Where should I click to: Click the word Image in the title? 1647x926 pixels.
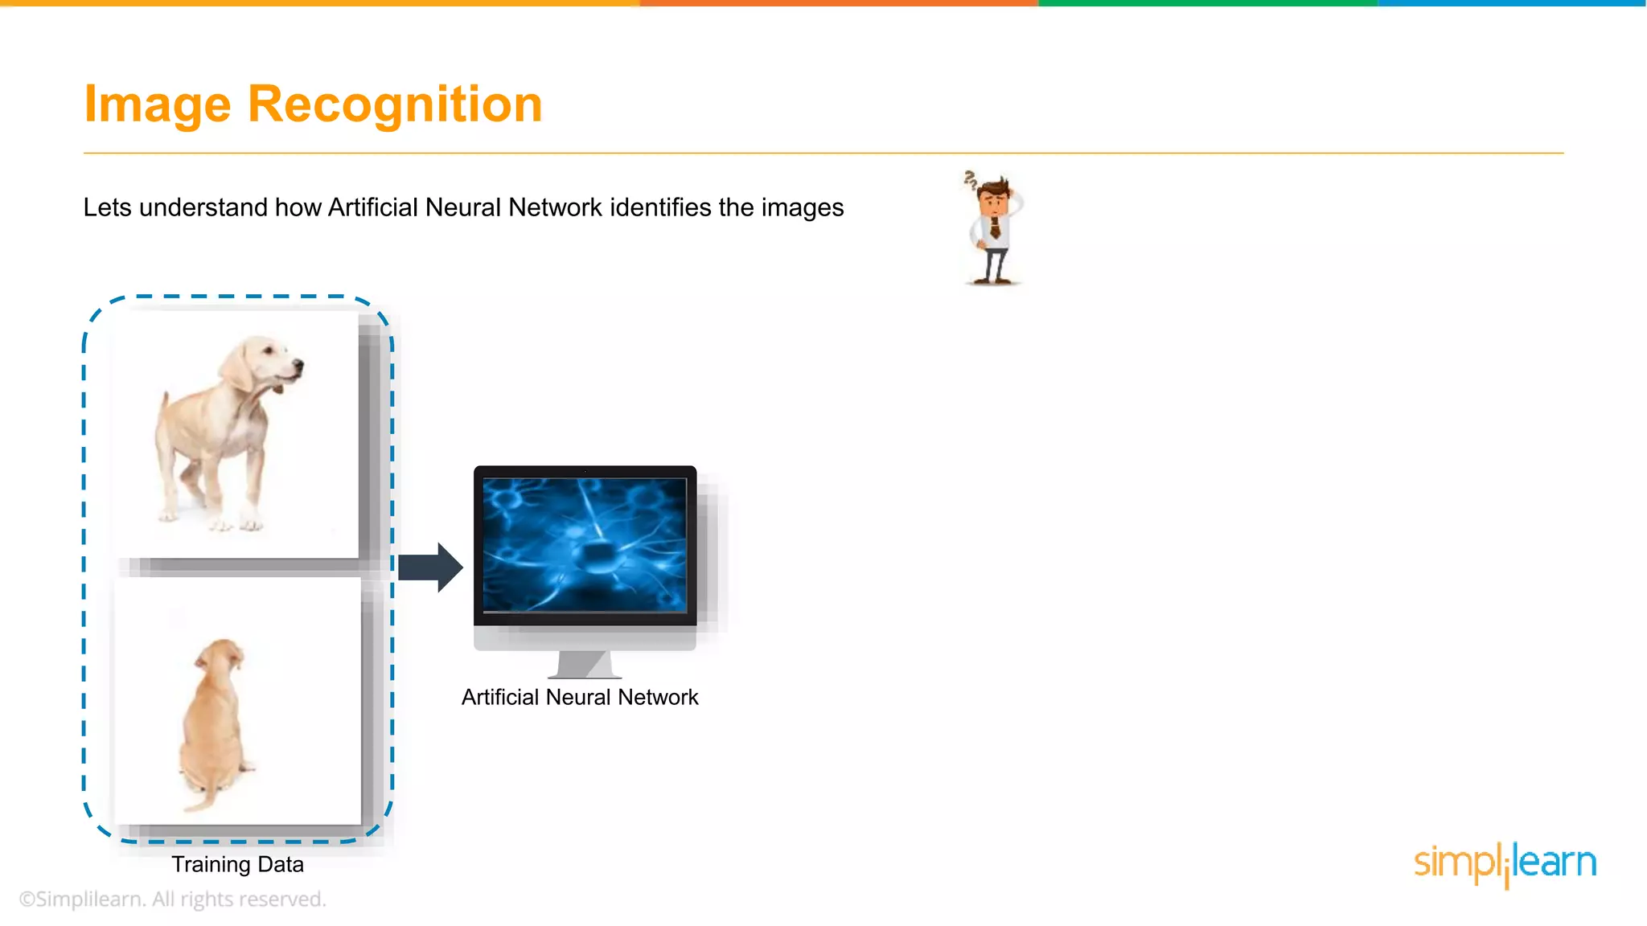pyautogui.click(x=158, y=104)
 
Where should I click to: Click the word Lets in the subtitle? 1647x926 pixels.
pyautogui.click(x=107, y=207)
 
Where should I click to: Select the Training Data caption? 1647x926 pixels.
pyautogui.click(x=237, y=864)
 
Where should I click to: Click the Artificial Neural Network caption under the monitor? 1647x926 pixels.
pyautogui.click(x=579, y=697)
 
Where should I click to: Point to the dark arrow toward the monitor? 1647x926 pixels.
pyautogui.click(x=430, y=567)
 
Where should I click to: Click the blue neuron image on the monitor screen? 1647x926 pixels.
pyautogui.click(x=585, y=545)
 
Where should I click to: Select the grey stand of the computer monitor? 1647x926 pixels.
pyautogui.click(x=585, y=664)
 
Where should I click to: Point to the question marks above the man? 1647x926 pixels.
pyautogui.click(x=971, y=179)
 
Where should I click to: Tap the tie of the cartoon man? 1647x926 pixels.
pyautogui.click(x=995, y=228)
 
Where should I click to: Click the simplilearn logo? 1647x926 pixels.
pyautogui.click(x=1505, y=863)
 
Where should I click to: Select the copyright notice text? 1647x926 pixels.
pyautogui.click(x=172, y=899)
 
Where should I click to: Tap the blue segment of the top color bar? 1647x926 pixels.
pyautogui.click(x=1512, y=3)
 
